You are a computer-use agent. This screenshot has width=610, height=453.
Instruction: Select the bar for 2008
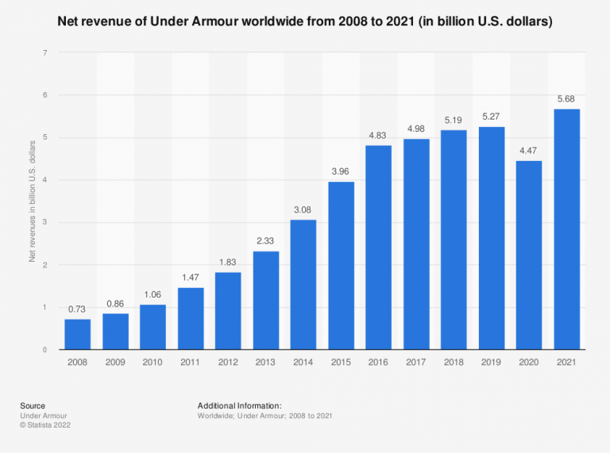click(78, 334)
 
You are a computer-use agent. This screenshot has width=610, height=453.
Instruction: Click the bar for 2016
click(379, 248)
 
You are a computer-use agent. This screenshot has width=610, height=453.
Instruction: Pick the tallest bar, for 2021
click(567, 229)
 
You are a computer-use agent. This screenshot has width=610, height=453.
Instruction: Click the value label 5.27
click(492, 117)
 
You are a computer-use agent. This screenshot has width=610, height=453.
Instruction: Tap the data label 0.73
click(78, 309)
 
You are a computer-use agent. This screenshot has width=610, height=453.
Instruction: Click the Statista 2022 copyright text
click(46, 425)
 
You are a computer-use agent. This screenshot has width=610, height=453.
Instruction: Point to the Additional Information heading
click(240, 405)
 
